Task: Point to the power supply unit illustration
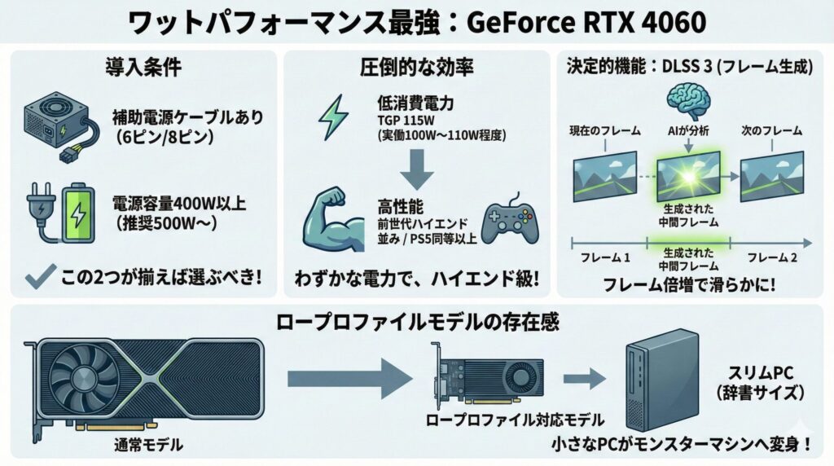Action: pyautogui.click(x=57, y=123)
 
